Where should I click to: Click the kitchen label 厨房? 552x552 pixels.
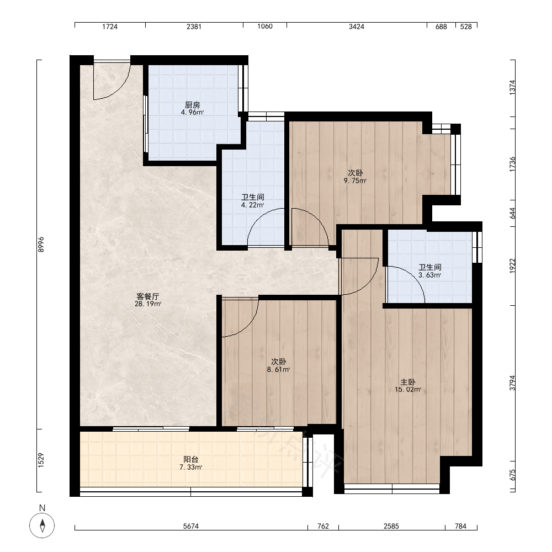pos(193,105)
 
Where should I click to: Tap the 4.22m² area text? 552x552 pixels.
pos(252,205)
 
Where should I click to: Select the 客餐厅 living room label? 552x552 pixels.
pos(148,296)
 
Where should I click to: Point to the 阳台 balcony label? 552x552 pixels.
pos(191,459)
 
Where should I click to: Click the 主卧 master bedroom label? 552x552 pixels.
pos(408,381)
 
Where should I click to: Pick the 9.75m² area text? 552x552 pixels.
pos(355,181)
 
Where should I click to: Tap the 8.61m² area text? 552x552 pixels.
pos(278,369)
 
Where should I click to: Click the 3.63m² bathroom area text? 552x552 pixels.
pos(430,275)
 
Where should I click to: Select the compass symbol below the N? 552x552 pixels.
pos(43,526)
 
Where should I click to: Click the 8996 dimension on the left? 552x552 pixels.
pos(41,245)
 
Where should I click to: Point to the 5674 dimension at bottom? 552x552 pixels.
pos(191,526)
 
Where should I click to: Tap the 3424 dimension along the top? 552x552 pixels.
pos(356,26)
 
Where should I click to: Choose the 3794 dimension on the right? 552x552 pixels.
pos(513,383)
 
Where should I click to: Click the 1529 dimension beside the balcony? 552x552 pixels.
pos(41,460)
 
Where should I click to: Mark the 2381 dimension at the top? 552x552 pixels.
pos(194,26)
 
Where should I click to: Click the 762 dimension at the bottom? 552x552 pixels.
pos(323,526)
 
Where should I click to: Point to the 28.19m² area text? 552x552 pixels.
pos(148,304)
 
